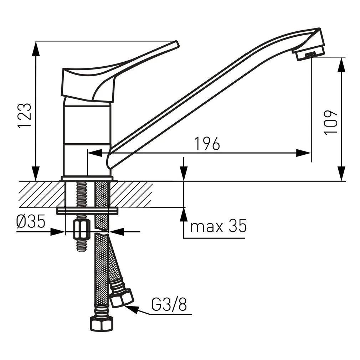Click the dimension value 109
pos(331,122)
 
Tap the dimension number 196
pos(207,144)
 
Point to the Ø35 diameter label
pos(31,222)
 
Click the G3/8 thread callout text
pos(169,305)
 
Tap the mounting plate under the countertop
pos(87,211)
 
